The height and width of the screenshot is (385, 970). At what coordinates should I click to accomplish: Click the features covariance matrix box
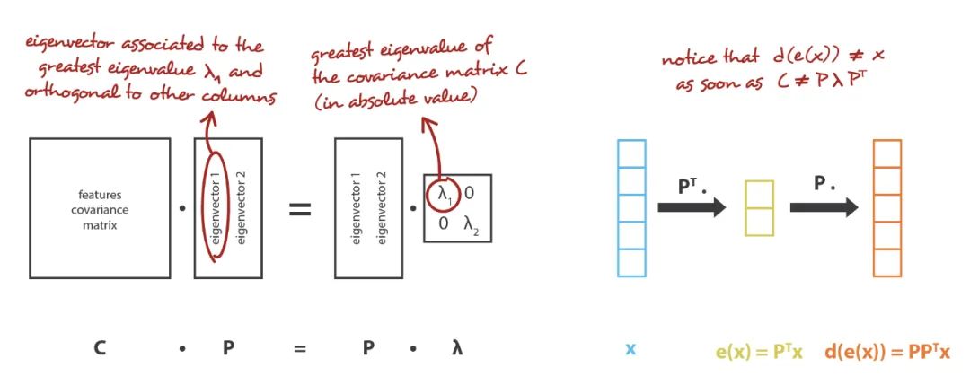coord(99,207)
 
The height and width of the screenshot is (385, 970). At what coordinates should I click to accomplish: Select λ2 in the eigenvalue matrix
coord(472,224)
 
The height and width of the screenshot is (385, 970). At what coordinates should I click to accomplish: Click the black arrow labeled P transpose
coord(690,207)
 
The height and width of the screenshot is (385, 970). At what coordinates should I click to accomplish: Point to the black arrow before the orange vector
coord(823,207)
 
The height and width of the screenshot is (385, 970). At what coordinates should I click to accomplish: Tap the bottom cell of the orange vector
coord(886,263)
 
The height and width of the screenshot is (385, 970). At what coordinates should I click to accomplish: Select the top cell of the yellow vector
coord(759,193)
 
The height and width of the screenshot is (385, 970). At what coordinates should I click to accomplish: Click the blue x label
coord(630,348)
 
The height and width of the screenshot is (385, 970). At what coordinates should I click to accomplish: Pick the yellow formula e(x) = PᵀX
coord(757,349)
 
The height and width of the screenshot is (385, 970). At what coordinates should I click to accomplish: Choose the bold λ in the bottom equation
coord(457,348)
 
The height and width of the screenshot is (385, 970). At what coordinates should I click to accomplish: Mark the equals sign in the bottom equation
coord(299,348)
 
